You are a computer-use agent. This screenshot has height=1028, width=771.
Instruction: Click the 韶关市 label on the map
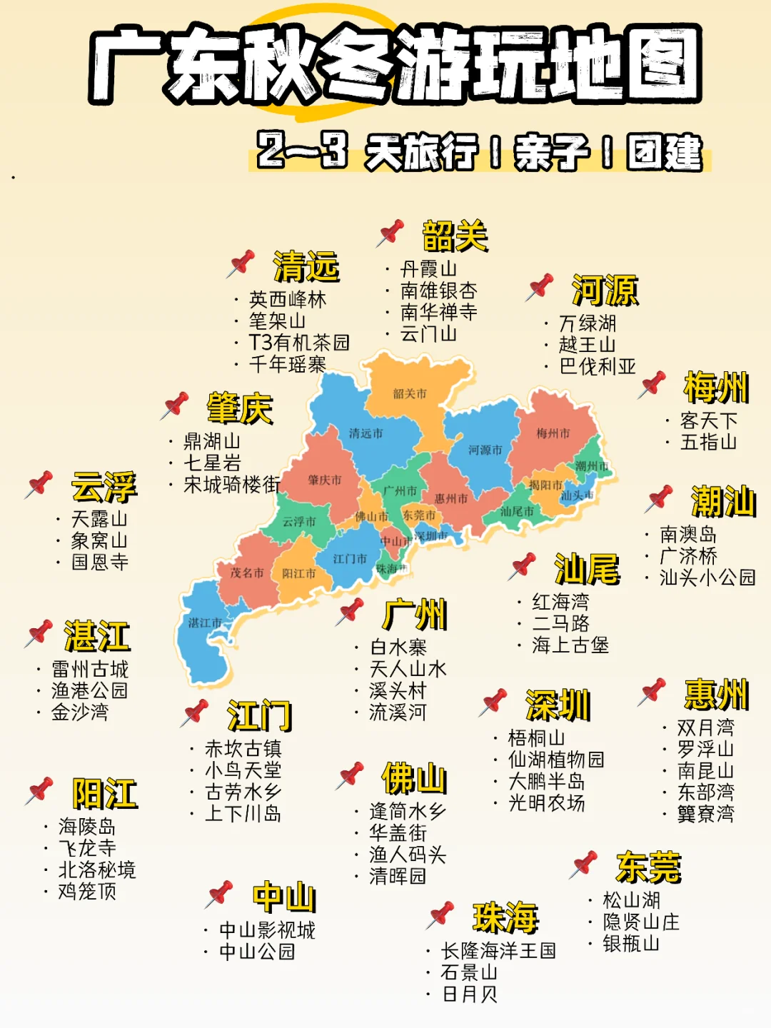point(410,393)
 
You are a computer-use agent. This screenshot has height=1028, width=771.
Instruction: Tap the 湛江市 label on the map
point(205,623)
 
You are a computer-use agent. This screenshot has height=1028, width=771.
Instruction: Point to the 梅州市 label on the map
point(553,433)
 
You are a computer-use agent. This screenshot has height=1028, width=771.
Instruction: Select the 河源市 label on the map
point(485,450)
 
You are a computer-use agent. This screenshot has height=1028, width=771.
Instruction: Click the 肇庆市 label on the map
point(325,480)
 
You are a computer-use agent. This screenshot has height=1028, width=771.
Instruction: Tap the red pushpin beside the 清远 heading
point(241,263)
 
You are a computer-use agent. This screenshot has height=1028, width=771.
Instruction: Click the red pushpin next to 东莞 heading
point(584,864)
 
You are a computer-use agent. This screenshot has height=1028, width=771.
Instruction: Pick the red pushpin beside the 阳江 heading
point(40,790)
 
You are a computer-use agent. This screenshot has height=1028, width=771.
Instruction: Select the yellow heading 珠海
point(505,917)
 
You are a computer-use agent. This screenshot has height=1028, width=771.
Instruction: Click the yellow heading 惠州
point(716,694)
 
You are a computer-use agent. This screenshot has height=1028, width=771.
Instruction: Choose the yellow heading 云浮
point(104,487)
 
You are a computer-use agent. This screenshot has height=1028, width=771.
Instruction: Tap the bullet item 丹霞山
point(428,269)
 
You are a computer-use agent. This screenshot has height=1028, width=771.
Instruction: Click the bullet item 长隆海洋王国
point(498,951)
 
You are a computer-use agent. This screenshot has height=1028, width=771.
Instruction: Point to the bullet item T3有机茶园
point(299,343)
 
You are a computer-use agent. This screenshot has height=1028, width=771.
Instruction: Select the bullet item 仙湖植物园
point(556,760)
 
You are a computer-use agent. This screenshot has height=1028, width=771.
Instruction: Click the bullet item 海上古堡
point(570,645)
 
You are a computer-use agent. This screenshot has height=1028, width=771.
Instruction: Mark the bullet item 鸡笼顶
point(87,892)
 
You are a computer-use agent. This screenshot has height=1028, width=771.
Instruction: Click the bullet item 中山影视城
point(267,930)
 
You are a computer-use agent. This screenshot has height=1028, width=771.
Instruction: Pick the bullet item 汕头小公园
point(707,578)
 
